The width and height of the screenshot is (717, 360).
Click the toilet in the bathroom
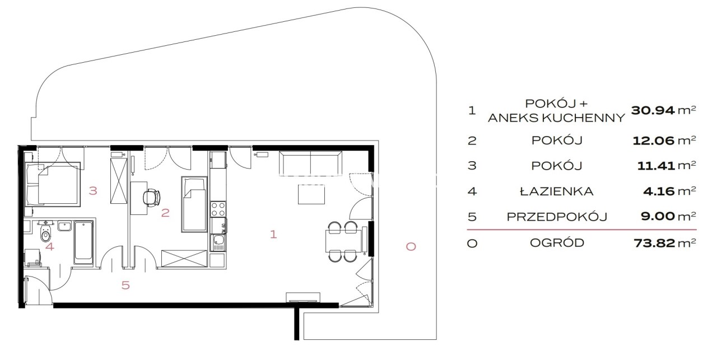tap(46, 233)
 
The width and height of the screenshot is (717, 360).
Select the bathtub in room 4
tap(83, 242)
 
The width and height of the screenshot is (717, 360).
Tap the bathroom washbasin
tap(64, 226)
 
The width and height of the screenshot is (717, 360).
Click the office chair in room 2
tap(151, 197)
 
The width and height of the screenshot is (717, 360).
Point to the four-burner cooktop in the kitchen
tap(218, 209)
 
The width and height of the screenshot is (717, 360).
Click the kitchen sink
tap(218, 242)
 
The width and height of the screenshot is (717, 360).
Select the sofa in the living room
tap(310, 162)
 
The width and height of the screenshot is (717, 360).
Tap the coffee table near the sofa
tap(311, 194)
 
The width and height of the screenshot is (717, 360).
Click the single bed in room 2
tap(194, 204)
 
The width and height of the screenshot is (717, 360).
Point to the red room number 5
tap(125, 285)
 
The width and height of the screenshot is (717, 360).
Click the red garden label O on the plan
tap(411, 246)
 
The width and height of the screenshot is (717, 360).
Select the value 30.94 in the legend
tap(653, 110)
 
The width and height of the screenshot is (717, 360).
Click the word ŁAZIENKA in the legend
tap(557, 191)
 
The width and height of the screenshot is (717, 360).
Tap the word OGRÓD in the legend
tap(557, 243)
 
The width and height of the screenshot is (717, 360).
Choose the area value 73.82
tap(654, 243)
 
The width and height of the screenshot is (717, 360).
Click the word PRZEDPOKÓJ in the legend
tap(557, 217)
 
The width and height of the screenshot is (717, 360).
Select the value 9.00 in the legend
tap(658, 217)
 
